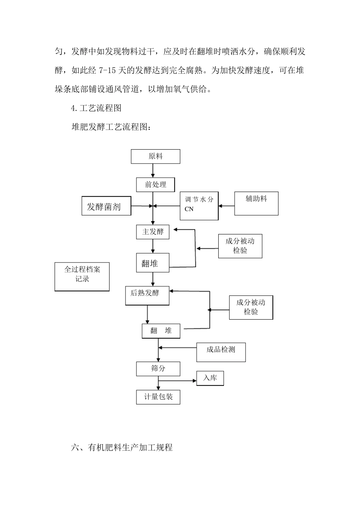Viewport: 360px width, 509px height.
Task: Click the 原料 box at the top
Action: pyautogui.click(x=155, y=156)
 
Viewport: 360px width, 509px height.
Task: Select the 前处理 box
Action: pyautogui.click(x=155, y=185)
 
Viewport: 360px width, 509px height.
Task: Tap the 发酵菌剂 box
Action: pyautogui.click(x=106, y=206)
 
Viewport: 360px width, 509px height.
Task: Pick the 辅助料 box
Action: pyautogui.click(x=256, y=203)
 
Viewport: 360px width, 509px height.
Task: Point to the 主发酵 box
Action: pyautogui.click(x=153, y=232)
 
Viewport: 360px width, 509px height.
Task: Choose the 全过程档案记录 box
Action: pyautogui.click(x=82, y=277)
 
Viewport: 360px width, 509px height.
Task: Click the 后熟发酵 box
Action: pyautogui.click(x=147, y=295)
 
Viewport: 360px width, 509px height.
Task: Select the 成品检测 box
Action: pyautogui.click(x=221, y=352)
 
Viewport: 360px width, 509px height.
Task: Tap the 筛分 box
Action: pyautogui.click(x=158, y=368)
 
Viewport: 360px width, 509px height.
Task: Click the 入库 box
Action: pyautogui.click(x=210, y=378)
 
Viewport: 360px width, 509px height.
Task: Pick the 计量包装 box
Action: pyautogui.click(x=158, y=397)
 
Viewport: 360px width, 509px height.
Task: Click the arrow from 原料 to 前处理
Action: pyautogui.click(x=153, y=171)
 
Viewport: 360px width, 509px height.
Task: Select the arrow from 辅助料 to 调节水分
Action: pyautogui.click(x=227, y=206)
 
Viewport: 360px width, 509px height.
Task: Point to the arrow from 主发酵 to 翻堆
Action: pyautogui.click(x=153, y=246)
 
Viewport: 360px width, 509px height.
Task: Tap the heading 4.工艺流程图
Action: pyautogui.click(x=96, y=108)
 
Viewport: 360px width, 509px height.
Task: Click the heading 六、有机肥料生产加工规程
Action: pyautogui.click(x=122, y=447)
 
